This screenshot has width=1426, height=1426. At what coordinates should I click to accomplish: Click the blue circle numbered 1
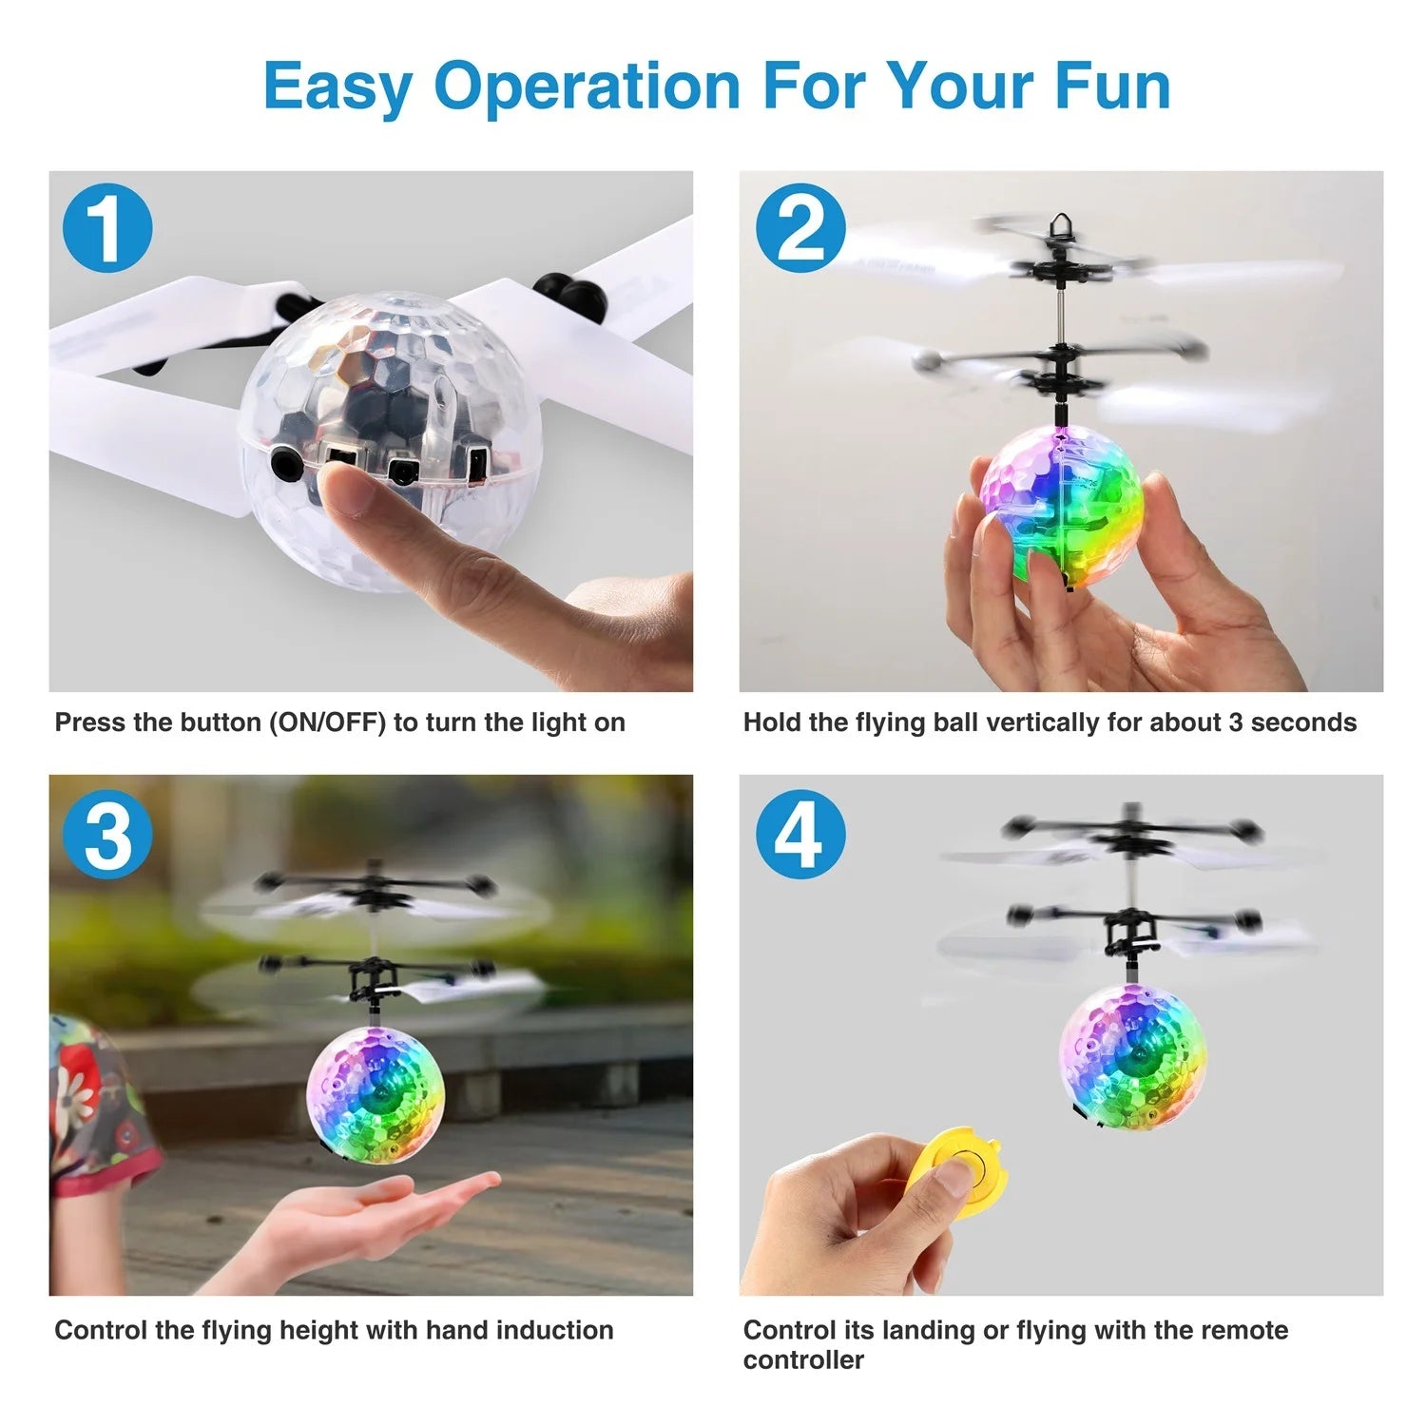pos(107,228)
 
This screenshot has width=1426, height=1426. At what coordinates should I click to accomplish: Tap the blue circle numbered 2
pos(800,228)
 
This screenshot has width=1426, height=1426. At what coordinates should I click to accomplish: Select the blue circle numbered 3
pos(107,834)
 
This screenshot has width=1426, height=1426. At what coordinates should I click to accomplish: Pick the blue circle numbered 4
pos(800,834)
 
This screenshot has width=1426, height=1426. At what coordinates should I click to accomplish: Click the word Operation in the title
pos(587,87)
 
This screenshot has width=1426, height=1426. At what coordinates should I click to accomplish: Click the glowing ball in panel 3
pos(376,1096)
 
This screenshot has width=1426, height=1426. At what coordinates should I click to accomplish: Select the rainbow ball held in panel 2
pos(1062,505)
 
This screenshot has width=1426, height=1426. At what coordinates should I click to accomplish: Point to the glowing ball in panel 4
pos(1133,1052)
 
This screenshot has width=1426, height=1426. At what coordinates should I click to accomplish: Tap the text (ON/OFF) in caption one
pos(327,723)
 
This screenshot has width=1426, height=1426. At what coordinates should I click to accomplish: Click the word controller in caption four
pos(803,1360)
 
